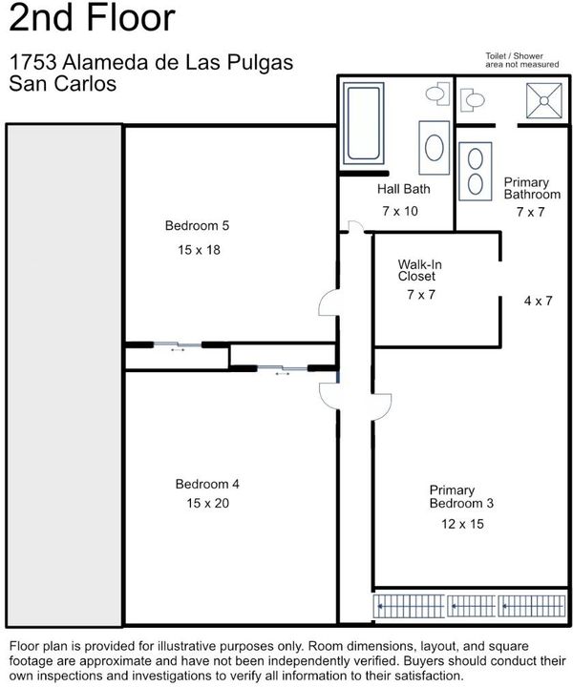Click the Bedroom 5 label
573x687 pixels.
tap(197, 225)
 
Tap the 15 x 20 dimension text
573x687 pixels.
tap(208, 503)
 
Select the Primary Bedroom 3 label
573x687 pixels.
tap(461, 496)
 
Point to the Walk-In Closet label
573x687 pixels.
tap(419, 270)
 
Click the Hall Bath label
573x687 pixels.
tap(404, 189)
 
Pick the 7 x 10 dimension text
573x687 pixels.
tap(400, 211)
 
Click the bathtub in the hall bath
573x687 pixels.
tap(364, 123)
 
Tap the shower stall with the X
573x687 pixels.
tap(544, 101)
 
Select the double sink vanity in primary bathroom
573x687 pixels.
tap(476, 172)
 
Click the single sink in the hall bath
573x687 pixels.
tap(434, 148)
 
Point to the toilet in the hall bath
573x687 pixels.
tap(438, 94)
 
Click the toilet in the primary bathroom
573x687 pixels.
tap(472, 100)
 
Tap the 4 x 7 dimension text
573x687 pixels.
tap(538, 301)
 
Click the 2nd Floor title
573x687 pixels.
tap(92, 17)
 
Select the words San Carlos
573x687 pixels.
tap(63, 84)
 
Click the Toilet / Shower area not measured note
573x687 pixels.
tap(521, 60)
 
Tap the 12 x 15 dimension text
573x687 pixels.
tap(462, 524)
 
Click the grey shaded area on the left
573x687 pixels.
tap(64, 375)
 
